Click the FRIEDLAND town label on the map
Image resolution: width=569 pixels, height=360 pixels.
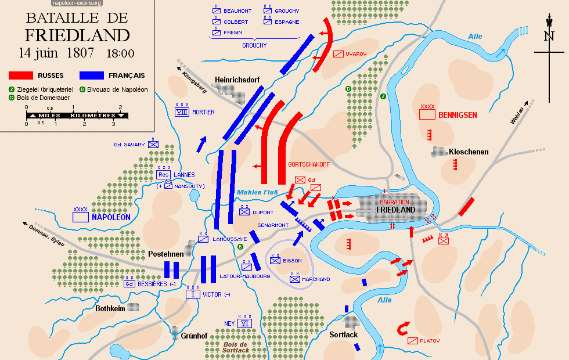[x=395, y=210]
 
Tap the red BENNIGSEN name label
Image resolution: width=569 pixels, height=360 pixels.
[x=458, y=115]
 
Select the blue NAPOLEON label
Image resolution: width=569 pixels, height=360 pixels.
[x=110, y=217]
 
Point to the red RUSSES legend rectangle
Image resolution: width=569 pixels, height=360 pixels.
[x=23, y=75]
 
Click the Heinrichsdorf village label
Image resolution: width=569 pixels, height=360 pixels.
[x=236, y=80]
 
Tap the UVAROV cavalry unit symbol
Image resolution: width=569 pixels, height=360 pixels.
[x=338, y=54]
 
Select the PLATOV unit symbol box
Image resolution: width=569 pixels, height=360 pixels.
[x=413, y=341]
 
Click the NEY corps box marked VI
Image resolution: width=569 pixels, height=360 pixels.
[x=246, y=323]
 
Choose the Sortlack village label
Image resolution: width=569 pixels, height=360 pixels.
[x=344, y=334]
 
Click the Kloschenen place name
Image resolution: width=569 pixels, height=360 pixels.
[x=469, y=152]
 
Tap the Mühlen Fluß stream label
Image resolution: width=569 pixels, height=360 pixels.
[x=258, y=193]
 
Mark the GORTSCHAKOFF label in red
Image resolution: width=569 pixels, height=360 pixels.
[x=309, y=164]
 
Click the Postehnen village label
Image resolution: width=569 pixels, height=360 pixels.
[x=166, y=254]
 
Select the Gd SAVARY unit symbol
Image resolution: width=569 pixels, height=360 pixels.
[x=153, y=145]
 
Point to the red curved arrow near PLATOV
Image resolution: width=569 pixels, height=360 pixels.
[x=402, y=329]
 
